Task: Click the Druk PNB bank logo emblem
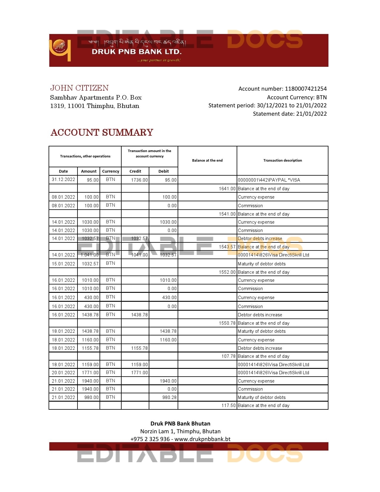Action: [x=60, y=50]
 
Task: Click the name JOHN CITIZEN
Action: [x=79, y=88]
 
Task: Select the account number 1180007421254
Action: [x=305, y=89]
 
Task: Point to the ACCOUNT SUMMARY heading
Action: [x=102, y=132]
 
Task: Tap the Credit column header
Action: [x=135, y=171]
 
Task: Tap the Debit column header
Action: [x=163, y=171]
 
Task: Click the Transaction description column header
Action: [x=282, y=160]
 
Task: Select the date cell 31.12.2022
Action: [x=63, y=180]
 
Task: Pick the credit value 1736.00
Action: [x=139, y=180]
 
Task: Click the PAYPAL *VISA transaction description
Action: [x=269, y=180]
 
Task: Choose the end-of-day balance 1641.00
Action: [x=227, y=189]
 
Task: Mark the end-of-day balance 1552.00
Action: [x=227, y=272]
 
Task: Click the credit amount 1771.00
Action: [x=139, y=373]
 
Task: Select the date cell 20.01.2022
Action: [x=63, y=373]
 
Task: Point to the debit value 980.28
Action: [x=169, y=397]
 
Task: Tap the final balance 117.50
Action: [x=228, y=406]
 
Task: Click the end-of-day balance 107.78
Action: [x=228, y=356]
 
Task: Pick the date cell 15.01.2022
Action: [x=63, y=264]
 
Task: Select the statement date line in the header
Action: [x=290, y=114]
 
